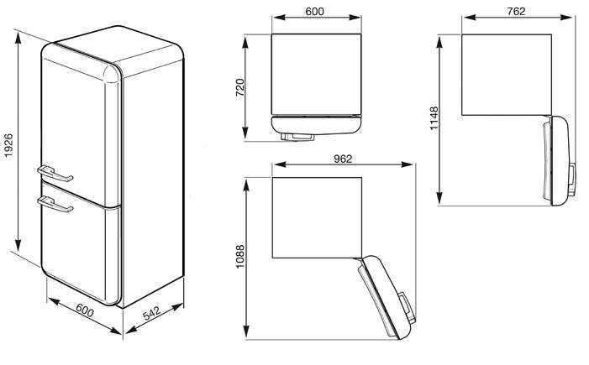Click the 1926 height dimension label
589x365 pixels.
[8, 145]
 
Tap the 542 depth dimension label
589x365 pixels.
[152, 314]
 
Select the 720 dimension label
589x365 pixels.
[240, 87]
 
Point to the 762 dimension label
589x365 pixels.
[516, 12]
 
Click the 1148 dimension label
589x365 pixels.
[434, 118]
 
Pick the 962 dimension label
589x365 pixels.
[343, 159]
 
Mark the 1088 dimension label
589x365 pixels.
[240, 257]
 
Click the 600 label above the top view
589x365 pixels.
[314, 12]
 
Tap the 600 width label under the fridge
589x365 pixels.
[85, 310]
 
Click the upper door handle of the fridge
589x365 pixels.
[55, 174]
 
